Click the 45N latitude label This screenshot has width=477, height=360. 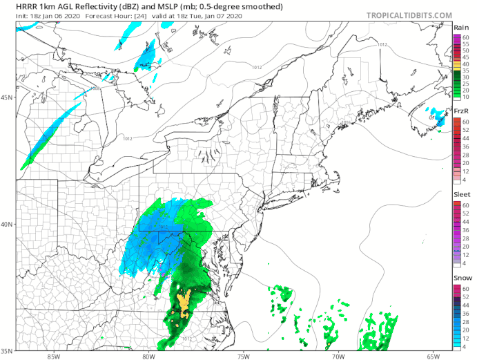[8, 97]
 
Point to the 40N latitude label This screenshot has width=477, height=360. [8, 225]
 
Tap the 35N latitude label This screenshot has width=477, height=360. [8, 350]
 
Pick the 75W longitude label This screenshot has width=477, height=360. [242, 356]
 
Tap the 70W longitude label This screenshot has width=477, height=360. [338, 356]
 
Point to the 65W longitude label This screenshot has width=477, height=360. [432, 356]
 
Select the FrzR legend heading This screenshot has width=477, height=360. [462, 111]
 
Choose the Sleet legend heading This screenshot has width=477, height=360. [462, 196]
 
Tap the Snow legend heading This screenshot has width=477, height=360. [462, 278]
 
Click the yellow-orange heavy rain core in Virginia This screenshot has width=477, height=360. [184, 302]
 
